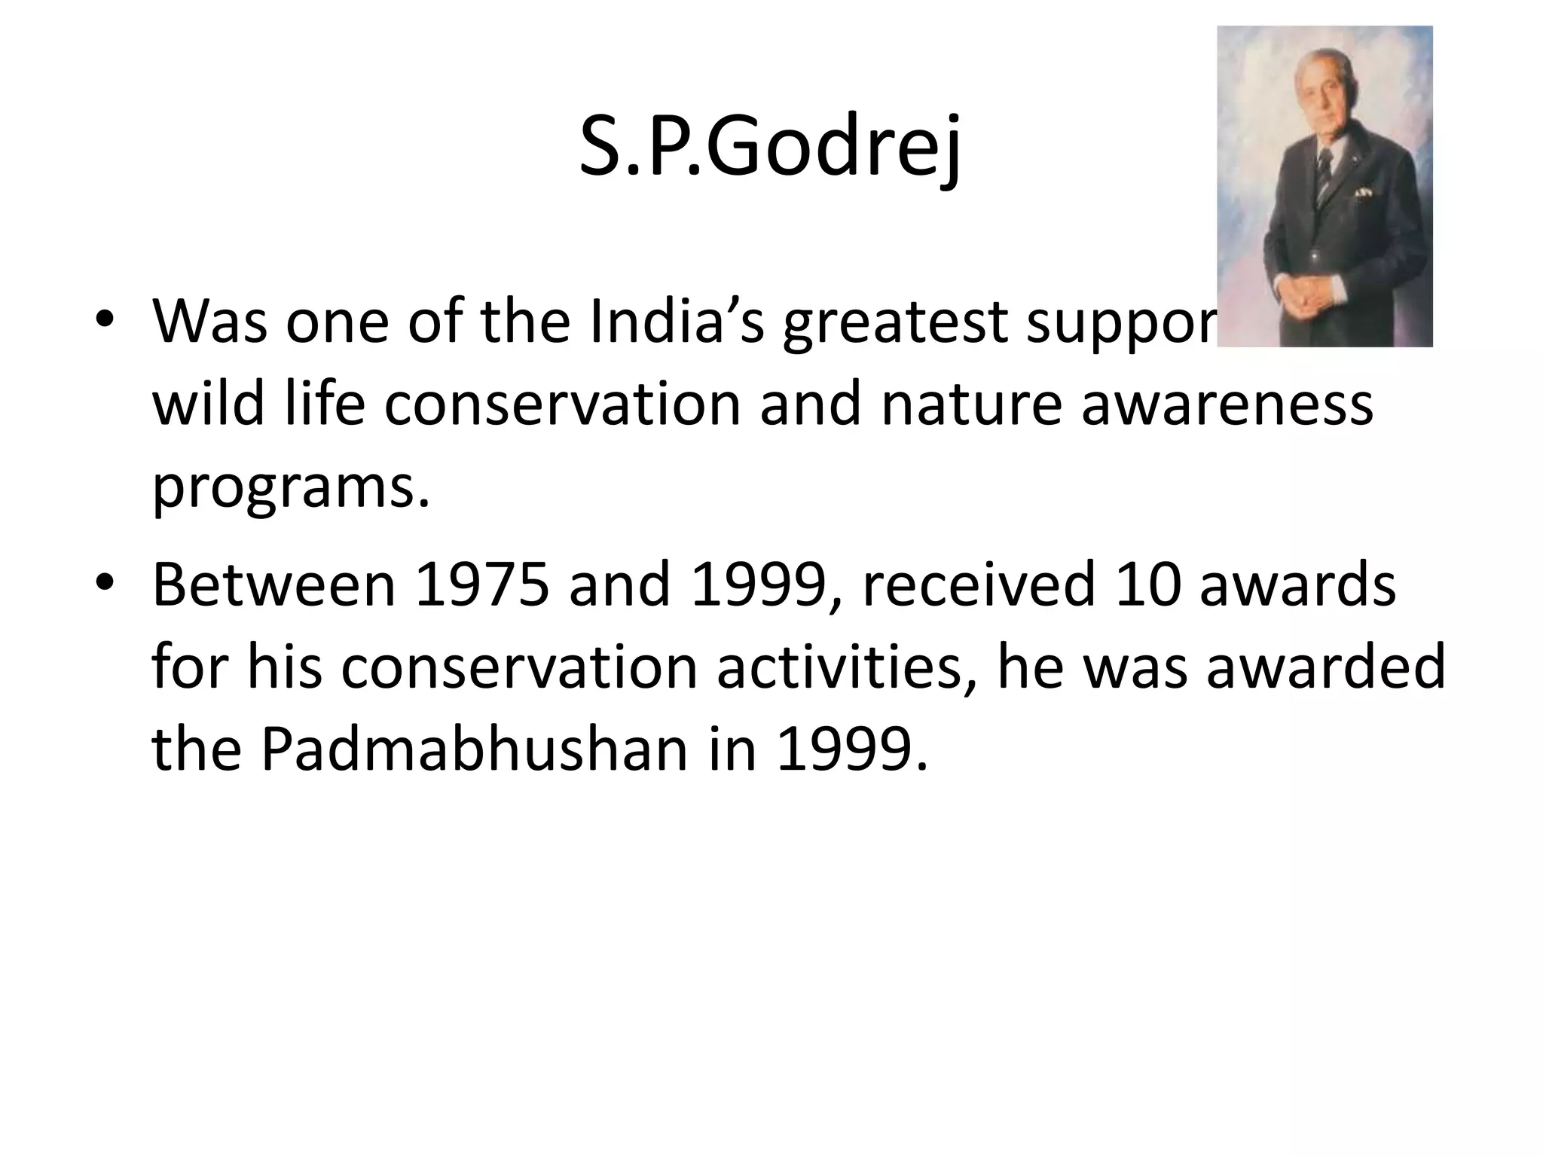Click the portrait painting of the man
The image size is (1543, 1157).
point(1325,186)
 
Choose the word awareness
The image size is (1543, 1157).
point(1227,405)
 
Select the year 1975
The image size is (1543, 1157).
point(482,585)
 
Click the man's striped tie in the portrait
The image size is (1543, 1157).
point(1324,169)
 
